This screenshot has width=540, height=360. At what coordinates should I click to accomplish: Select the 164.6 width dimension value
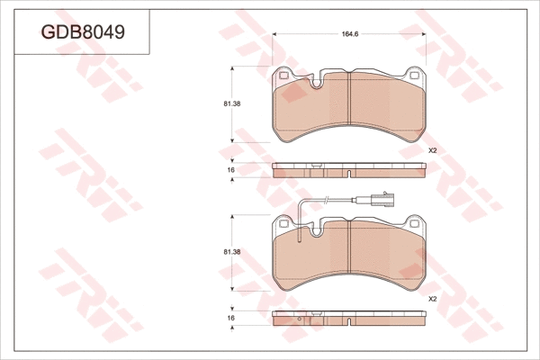[x=351, y=34]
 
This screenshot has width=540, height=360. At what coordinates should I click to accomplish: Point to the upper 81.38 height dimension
[x=231, y=104]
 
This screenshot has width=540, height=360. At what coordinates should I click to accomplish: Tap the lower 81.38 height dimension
[x=231, y=253]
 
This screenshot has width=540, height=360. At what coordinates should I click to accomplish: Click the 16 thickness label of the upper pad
[x=231, y=170]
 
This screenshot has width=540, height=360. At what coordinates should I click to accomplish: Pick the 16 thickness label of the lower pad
[x=231, y=319]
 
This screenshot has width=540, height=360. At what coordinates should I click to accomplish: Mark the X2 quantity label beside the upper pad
[x=432, y=151]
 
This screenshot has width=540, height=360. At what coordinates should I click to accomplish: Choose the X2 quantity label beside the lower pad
[x=432, y=299]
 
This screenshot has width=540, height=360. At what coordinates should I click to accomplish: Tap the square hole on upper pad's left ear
[x=285, y=76]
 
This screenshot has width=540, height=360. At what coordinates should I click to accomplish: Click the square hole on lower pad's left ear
[x=285, y=224]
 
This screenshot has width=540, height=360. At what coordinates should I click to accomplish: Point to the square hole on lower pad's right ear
[x=417, y=224]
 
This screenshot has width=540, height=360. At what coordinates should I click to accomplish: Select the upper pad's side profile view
[x=350, y=170]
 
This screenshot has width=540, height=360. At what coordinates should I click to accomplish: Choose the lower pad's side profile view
[x=350, y=319]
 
